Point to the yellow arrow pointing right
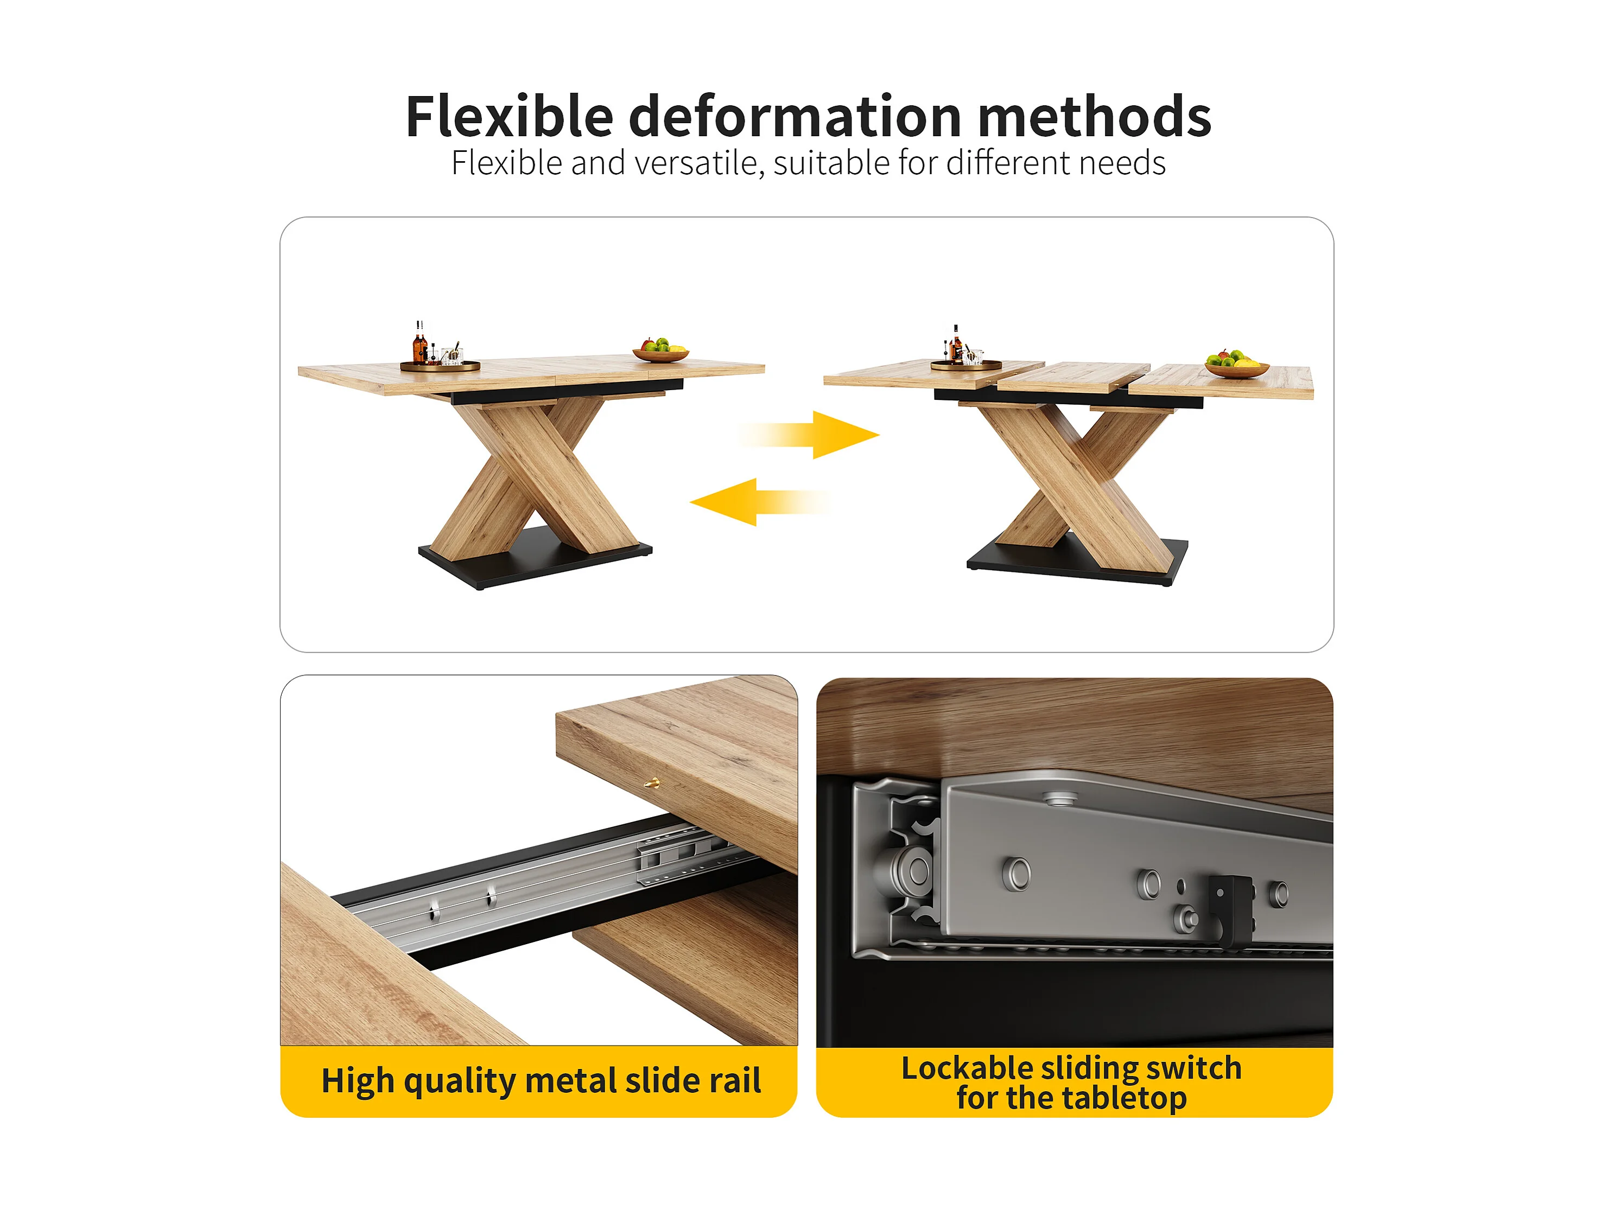pyautogui.click(x=809, y=435)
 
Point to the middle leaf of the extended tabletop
pyautogui.click(x=1073, y=377)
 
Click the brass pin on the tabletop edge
pyautogui.click(x=652, y=784)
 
